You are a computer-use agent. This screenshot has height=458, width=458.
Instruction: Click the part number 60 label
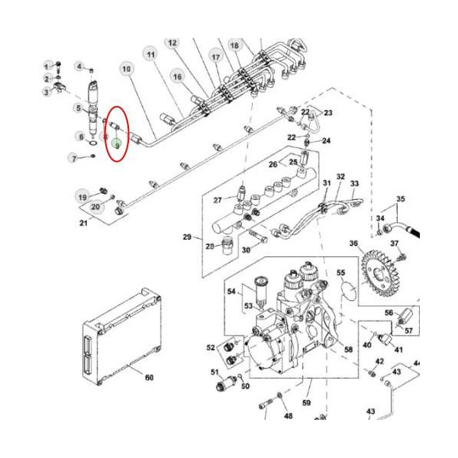point(150,378)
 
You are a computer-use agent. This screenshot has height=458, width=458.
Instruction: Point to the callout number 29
point(187,237)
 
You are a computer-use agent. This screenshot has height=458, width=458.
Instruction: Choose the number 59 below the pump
point(308,402)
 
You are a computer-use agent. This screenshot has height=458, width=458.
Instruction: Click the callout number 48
point(288,416)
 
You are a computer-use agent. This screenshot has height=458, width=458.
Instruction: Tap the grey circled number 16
point(177,76)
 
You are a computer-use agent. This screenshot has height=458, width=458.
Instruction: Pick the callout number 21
point(84,222)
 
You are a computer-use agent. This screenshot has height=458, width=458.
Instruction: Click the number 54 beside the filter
point(231,291)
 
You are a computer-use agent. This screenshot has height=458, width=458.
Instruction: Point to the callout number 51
point(215,372)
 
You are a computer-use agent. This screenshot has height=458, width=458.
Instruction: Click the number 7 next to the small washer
point(74,158)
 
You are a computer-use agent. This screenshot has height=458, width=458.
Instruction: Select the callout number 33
point(354,184)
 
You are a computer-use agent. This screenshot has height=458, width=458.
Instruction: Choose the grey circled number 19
point(82,197)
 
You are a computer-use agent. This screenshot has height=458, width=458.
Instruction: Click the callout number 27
point(218,200)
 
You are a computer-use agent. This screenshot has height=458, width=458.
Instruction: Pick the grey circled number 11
point(150,55)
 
